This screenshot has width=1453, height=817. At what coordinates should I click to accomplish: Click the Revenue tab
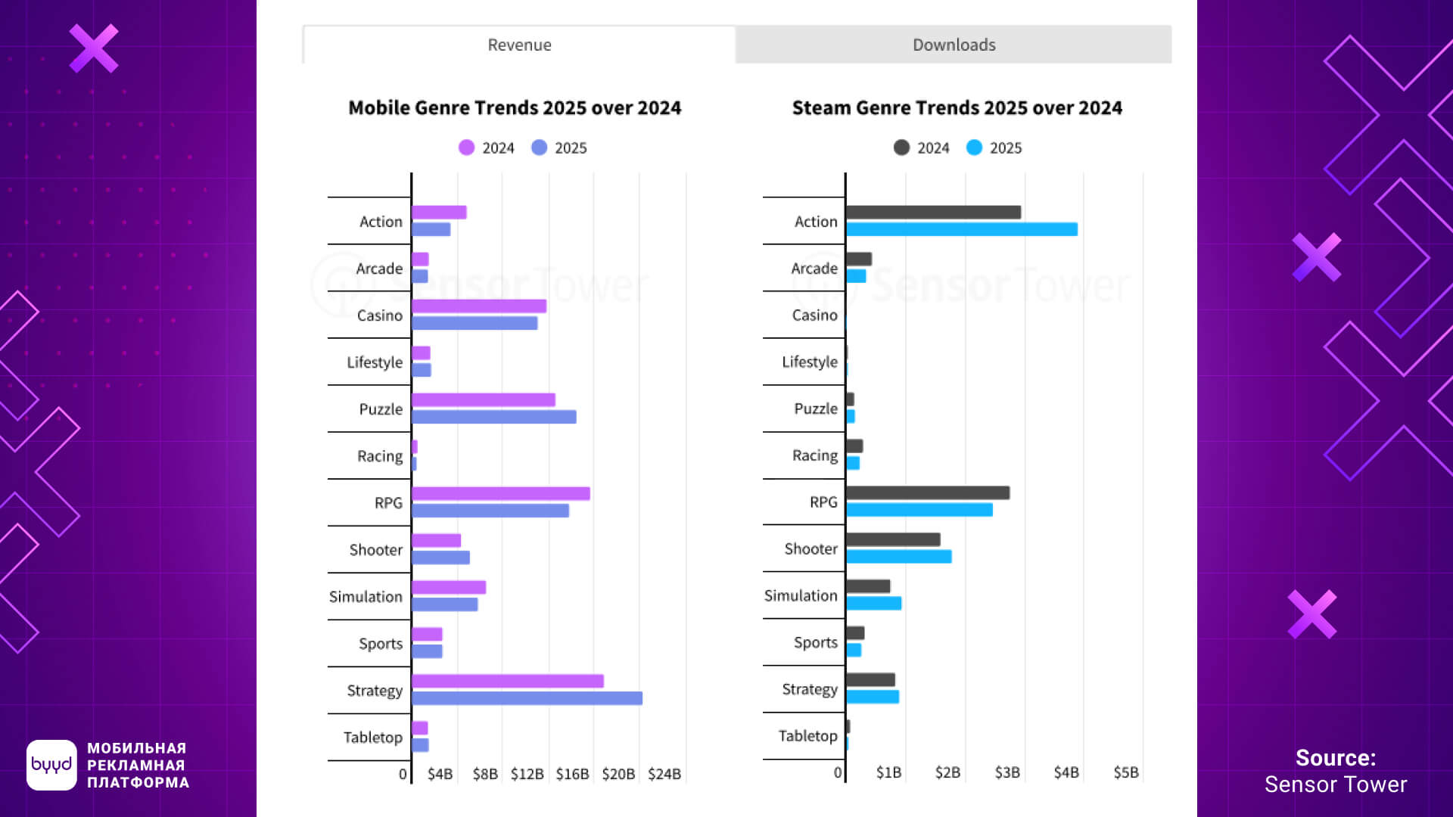519,45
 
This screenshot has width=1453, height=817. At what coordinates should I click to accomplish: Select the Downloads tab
954,45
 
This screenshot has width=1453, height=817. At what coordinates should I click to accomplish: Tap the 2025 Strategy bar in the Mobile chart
527,698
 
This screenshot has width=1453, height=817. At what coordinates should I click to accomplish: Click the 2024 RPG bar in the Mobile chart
500,494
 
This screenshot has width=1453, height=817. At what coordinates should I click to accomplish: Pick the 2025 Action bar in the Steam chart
961,229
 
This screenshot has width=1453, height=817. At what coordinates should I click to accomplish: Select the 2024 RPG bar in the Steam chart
928,493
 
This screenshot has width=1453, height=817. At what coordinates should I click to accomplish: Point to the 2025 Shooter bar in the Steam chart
898,557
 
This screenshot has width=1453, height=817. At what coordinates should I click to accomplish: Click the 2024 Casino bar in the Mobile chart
478,306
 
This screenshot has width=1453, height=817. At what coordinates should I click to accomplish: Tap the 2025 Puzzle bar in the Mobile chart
493,417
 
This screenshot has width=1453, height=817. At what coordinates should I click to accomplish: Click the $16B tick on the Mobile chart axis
572,774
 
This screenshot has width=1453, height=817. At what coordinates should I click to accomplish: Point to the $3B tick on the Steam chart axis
1007,772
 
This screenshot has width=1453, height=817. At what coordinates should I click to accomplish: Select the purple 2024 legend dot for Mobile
466,148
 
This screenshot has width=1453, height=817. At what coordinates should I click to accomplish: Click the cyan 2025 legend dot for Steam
974,148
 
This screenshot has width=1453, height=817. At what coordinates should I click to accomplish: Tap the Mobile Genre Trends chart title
515,108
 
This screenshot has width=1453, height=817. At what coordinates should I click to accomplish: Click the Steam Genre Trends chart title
957,108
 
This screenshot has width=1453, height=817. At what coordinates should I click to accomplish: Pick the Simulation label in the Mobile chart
366,597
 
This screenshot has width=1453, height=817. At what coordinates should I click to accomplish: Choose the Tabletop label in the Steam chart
807,736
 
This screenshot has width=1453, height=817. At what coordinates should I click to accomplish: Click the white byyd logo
51,765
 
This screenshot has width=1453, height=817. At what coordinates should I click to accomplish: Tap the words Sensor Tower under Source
1336,784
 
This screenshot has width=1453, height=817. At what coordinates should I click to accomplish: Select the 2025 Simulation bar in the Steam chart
873,604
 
